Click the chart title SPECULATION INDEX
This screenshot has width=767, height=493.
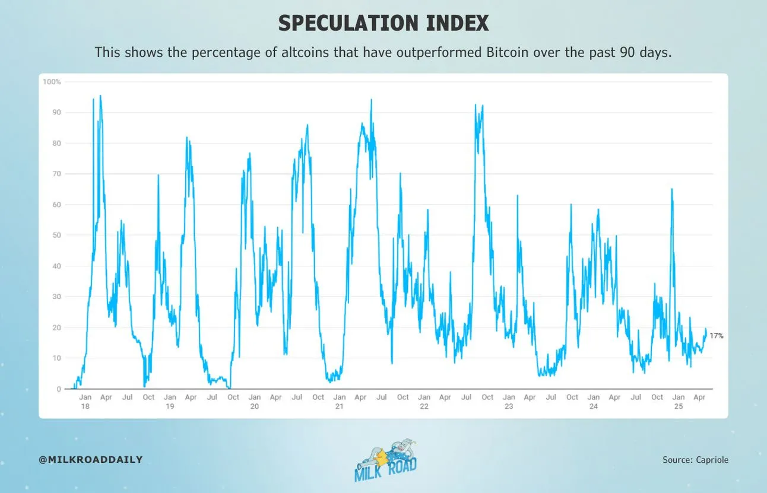coord(383,23)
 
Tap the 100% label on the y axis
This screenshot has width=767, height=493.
coord(52,82)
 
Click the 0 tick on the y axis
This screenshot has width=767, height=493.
coord(58,389)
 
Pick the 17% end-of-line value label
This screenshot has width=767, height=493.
coord(717,336)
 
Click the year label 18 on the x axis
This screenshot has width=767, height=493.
coord(85,407)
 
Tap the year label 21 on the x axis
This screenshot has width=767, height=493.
coord(339,407)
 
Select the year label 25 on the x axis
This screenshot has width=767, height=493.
coord(678,407)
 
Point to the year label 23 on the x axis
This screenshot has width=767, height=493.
coord(509,407)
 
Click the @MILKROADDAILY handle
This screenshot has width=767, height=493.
coord(91,460)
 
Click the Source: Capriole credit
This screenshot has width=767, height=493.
coord(695,460)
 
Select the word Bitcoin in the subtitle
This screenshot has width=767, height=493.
coord(508,52)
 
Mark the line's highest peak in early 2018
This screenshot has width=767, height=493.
coord(100,96)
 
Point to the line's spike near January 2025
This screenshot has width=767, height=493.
coord(671,189)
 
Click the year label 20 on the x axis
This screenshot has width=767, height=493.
coord(255,407)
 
